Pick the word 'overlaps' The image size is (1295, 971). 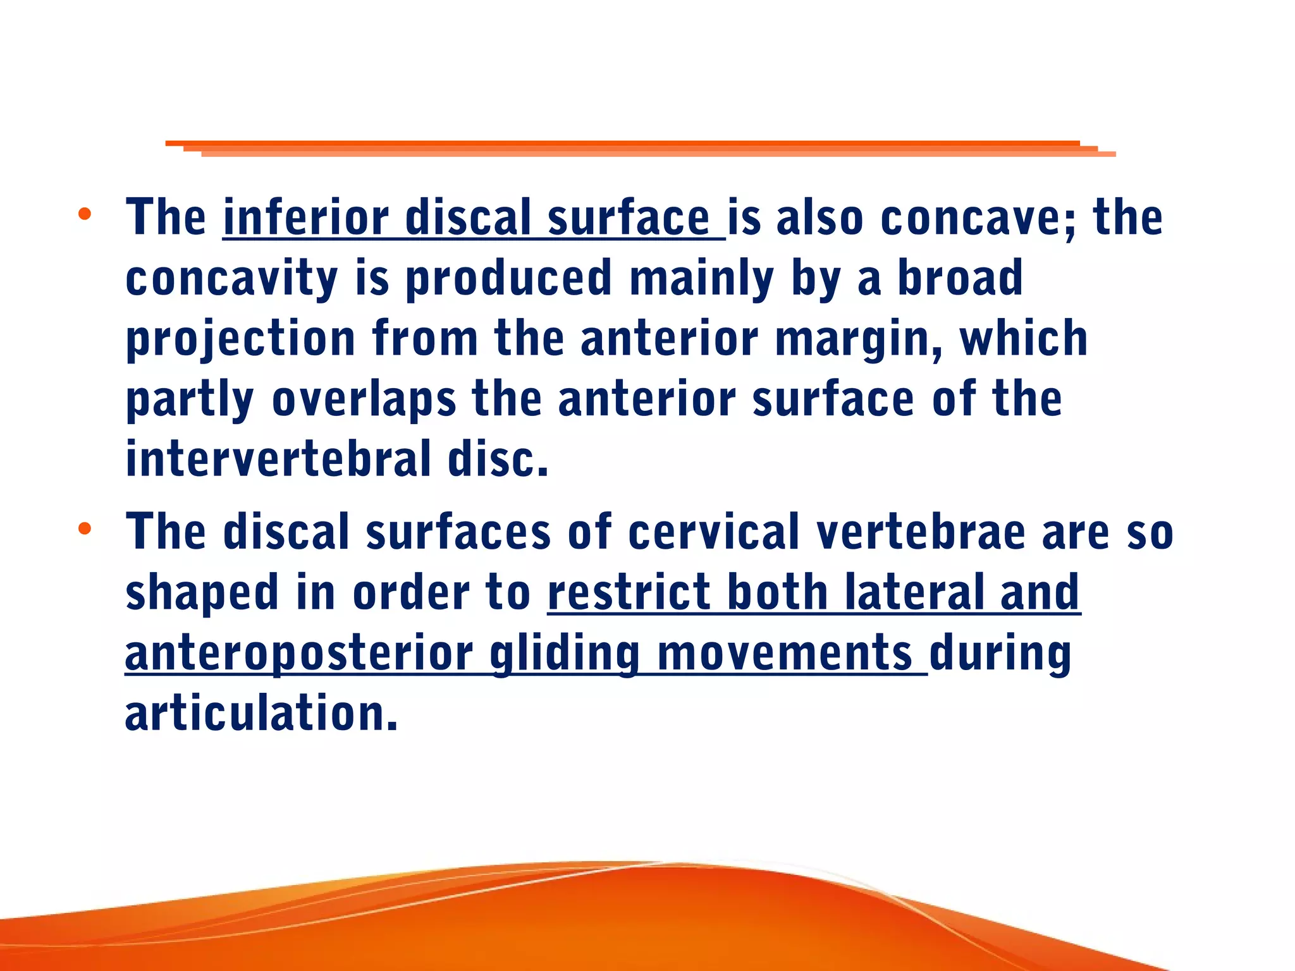pos(364,400)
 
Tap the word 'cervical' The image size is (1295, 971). pos(714,532)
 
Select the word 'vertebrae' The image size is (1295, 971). pos(921,532)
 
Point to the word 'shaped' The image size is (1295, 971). pos(202,593)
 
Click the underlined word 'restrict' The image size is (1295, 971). pos(629,592)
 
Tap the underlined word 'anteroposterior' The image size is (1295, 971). pos(299,653)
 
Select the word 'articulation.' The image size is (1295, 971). pos(262,712)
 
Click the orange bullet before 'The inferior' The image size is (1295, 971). pos(85,214)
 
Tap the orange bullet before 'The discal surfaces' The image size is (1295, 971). pos(85,528)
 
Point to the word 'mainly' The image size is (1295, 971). pos(702,279)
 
